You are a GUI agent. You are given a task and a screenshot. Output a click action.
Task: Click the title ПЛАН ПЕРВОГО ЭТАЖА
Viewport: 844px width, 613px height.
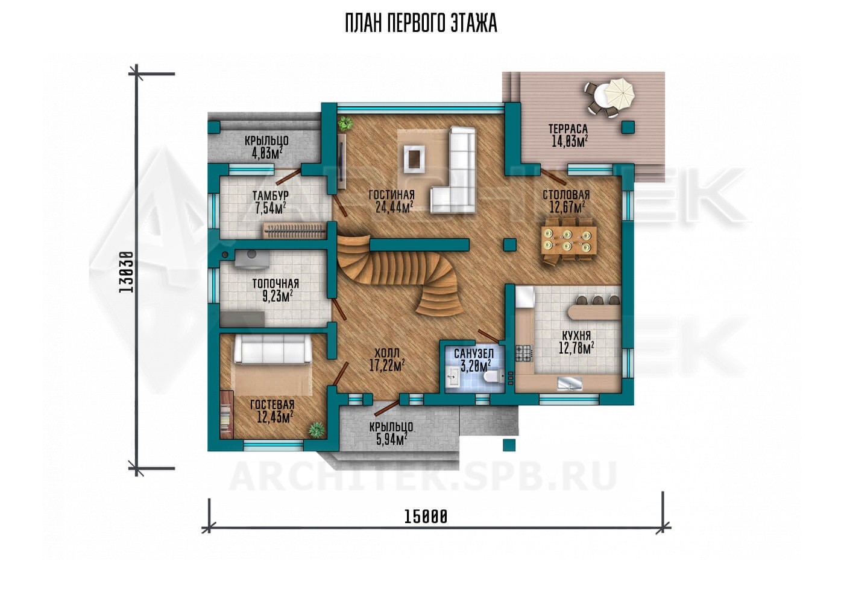click(x=421, y=24)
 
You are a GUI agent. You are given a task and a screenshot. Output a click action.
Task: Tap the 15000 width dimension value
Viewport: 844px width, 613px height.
click(x=426, y=516)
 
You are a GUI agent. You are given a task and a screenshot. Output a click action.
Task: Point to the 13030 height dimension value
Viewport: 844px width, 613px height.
click(x=126, y=272)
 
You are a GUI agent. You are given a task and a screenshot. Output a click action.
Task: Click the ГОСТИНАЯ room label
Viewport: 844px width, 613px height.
click(x=391, y=194)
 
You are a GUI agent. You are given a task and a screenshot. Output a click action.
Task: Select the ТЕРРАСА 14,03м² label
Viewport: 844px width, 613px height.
click(x=568, y=135)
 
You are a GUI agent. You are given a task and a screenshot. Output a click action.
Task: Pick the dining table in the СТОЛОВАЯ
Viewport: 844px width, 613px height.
click(x=568, y=240)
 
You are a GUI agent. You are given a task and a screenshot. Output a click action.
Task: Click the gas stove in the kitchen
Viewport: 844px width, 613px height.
click(x=524, y=354)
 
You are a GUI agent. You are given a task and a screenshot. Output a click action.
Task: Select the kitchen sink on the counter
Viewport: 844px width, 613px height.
click(x=570, y=383)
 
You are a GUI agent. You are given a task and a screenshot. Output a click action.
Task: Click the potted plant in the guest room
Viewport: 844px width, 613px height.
click(x=316, y=430)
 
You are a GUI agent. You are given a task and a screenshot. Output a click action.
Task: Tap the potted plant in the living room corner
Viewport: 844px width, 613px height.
click(x=345, y=123)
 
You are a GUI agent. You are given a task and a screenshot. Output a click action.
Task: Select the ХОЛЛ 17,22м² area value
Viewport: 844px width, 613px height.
click(x=387, y=365)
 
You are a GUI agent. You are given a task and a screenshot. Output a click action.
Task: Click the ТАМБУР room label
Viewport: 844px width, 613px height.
click(x=271, y=195)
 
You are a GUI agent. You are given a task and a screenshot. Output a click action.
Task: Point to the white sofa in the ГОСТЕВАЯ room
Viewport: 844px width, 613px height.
click(x=272, y=350)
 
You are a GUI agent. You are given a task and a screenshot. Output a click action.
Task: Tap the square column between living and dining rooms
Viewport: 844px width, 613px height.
click(x=510, y=245)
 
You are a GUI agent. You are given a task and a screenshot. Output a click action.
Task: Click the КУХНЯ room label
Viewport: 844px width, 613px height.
click(x=576, y=335)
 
